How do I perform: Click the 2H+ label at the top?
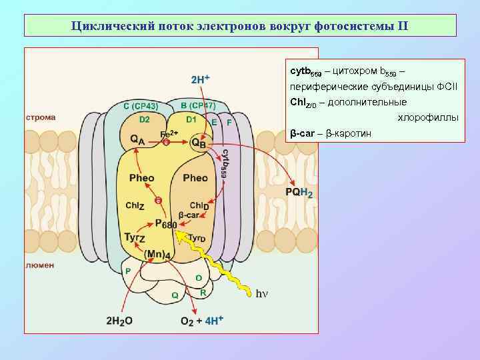[x=200, y=79]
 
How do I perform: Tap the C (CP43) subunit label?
[x=141, y=106]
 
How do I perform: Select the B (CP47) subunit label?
[x=198, y=105]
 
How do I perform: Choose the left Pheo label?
[x=141, y=178]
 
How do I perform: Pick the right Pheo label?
[x=195, y=178]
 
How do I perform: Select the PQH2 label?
[x=299, y=193]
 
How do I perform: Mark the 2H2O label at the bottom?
[x=119, y=320]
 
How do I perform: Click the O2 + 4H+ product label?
[x=199, y=320]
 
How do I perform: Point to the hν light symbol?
[x=262, y=292]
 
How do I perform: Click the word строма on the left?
[x=40, y=117]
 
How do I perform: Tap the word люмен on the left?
[x=40, y=265]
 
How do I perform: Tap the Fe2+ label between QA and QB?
[x=169, y=134]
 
